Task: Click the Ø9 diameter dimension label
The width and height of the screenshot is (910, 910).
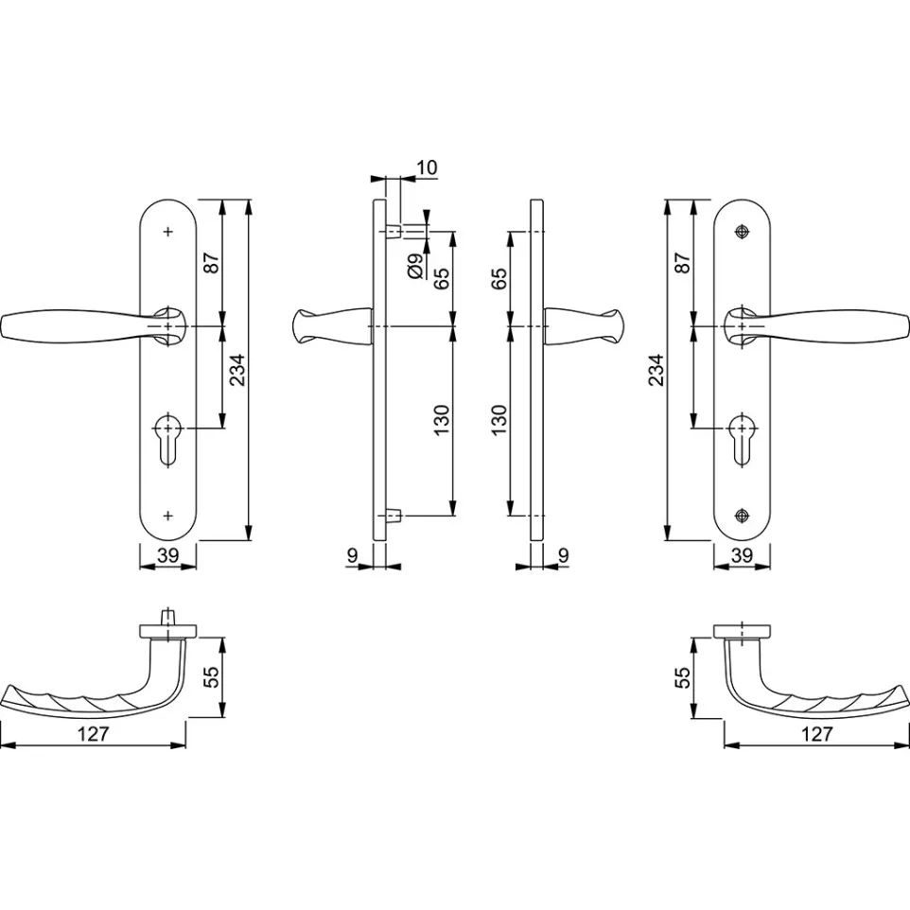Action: click(415, 267)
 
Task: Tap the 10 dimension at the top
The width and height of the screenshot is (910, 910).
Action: click(427, 167)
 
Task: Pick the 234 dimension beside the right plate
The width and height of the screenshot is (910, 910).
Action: click(656, 370)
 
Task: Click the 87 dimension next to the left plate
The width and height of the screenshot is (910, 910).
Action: click(212, 263)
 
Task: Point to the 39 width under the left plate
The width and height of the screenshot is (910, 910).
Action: click(167, 555)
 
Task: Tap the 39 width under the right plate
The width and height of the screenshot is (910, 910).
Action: click(742, 555)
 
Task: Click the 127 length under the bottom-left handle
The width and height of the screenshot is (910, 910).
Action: click(93, 734)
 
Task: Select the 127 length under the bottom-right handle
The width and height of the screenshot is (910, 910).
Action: click(816, 734)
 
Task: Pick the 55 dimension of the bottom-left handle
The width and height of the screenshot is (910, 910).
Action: click(213, 676)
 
